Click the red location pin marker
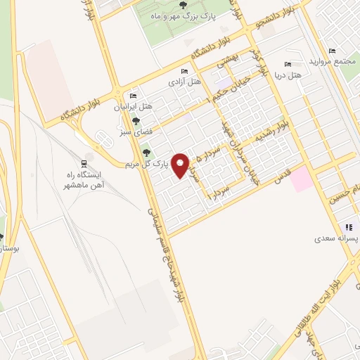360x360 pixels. point(181,165)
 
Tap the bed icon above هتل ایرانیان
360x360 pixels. point(132,96)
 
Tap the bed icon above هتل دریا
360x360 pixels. point(285,64)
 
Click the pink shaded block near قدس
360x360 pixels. point(302,177)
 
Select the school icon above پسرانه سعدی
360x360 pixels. point(347,228)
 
